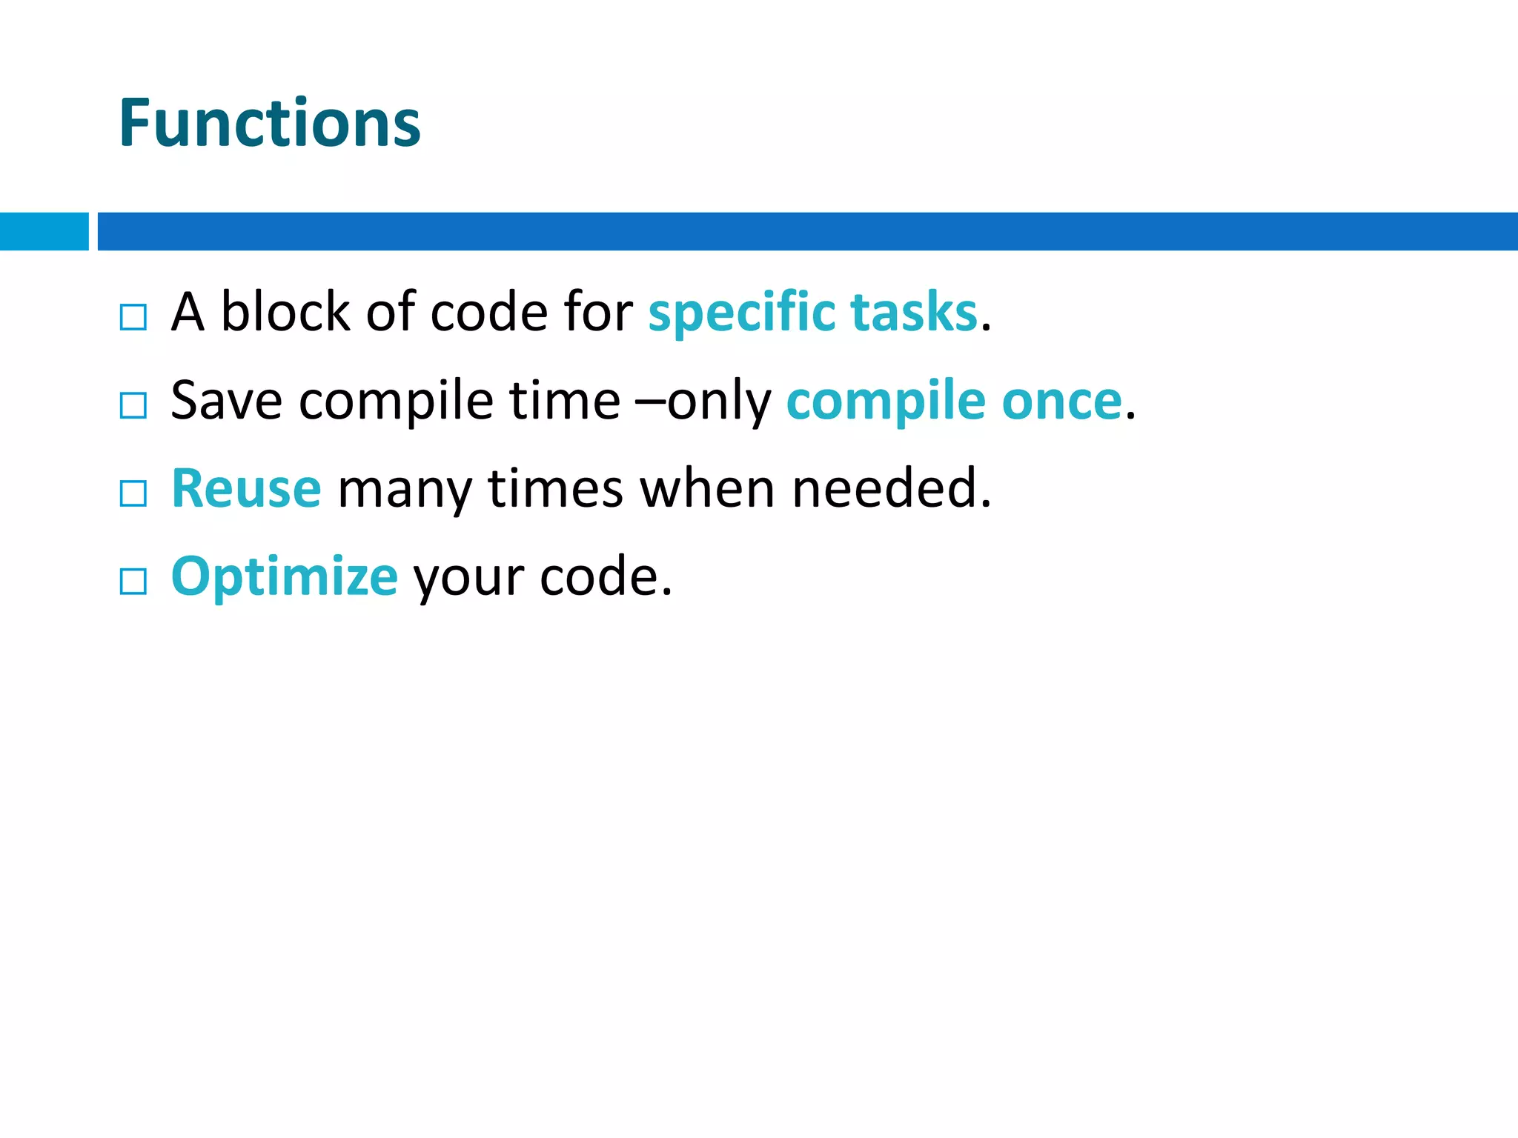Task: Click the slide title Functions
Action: point(270,123)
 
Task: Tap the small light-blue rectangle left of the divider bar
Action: point(44,231)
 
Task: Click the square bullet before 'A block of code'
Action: point(133,317)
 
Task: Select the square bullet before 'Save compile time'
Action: point(133,405)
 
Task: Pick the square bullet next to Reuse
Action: point(133,493)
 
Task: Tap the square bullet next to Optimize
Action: point(133,582)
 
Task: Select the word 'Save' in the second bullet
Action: point(226,401)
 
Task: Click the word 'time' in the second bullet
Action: point(565,401)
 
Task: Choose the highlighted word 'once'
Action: point(1061,401)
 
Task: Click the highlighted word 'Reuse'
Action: point(246,489)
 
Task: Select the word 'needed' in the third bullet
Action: point(886,489)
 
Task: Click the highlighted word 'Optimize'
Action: point(285,577)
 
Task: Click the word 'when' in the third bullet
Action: point(707,489)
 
